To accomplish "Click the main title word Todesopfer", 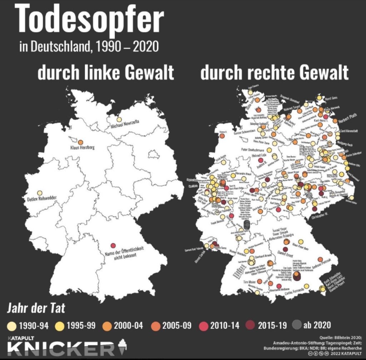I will coord(89,20).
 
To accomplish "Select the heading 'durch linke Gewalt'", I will coord(106,73).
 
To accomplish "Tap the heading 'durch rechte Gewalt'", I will coord(274,73).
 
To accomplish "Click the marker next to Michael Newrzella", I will coord(119,120).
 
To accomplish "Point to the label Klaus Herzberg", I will coord(82,147).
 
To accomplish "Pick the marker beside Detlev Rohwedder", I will coord(40,193).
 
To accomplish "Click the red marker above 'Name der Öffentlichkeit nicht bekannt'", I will coord(113,246).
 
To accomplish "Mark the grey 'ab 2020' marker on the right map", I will coord(246,225).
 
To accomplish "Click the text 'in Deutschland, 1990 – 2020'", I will coord(89,47).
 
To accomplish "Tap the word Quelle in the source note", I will coord(326,337).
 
